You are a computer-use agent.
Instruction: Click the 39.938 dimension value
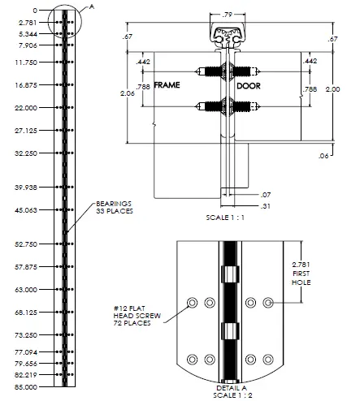tap(27, 187)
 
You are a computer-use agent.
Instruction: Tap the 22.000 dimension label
tap(27, 107)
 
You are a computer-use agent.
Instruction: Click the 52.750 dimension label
tap(27, 244)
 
